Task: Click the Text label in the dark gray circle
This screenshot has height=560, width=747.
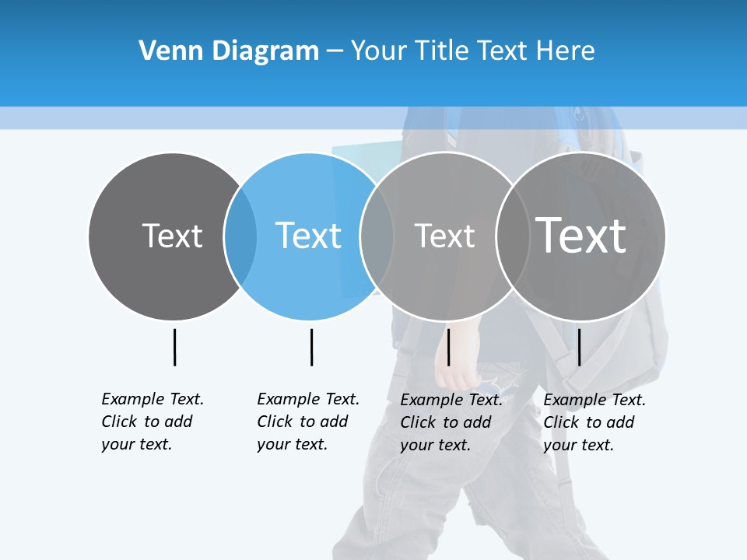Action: click(172, 236)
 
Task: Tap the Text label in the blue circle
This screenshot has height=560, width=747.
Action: click(309, 236)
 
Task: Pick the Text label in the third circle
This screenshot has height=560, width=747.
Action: click(444, 236)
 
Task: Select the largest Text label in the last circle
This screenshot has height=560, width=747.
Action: click(580, 236)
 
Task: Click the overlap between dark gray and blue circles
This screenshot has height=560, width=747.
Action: click(240, 236)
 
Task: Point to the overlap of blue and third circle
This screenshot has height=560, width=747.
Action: click(377, 236)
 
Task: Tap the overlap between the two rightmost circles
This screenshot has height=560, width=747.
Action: click(512, 236)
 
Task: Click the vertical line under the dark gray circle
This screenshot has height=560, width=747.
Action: click(174, 347)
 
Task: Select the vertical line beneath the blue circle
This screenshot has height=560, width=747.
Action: click(311, 347)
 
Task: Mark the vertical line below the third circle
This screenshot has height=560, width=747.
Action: click(448, 347)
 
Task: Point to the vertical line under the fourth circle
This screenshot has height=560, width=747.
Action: click(579, 347)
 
